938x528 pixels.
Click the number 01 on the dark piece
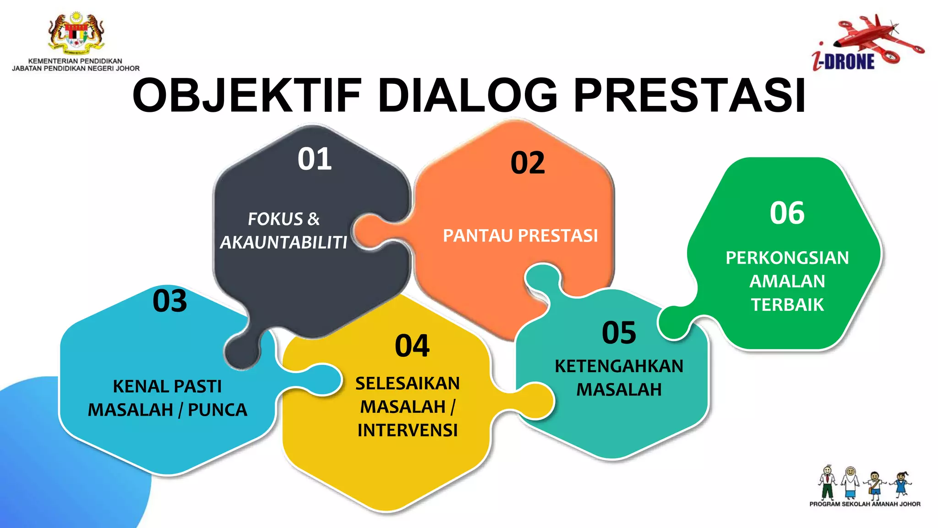coord(315,159)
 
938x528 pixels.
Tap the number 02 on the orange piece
coord(528,163)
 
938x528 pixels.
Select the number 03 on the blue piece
coord(170,301)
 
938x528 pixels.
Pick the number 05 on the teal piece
coord(619,333)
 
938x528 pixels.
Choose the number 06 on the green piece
coord(787,213)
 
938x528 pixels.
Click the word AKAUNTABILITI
coord(284,242)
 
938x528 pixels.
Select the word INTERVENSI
coord(408,430)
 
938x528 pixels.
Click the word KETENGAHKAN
coord(619,366)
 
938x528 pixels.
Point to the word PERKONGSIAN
coord(787,258)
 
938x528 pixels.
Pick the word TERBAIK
coord(787,305)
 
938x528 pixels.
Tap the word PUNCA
coord(218,410)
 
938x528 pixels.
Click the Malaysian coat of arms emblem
coord(76,33)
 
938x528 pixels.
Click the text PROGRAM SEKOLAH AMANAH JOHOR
coord(865,504)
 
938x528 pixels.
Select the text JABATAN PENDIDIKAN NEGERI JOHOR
coord(76,69)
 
